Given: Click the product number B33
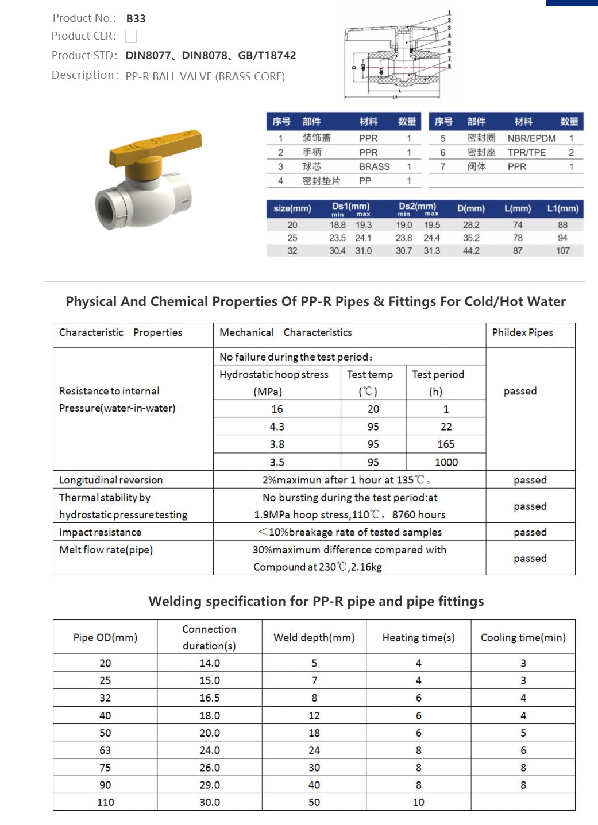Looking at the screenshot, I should pos(136,18).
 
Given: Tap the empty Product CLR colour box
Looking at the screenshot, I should pos(131,36).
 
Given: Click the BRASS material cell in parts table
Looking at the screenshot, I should pos(374,166).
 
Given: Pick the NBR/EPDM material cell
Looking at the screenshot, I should pos(531,138).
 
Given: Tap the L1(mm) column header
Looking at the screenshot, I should pos(562,208).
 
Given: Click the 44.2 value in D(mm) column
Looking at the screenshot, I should pos(471,251).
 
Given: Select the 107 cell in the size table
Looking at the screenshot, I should pos(562,251).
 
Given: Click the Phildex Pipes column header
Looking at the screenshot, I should pos(522,332).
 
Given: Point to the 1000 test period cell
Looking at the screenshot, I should pos(446,462).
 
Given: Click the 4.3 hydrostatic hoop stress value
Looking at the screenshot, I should pos(277,427).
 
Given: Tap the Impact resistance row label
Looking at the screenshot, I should pos(100,532).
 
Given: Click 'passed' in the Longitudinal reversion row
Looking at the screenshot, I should pos(530,480).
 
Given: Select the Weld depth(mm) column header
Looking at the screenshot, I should pos(314,637).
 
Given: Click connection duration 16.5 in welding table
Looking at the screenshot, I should pos(209,698).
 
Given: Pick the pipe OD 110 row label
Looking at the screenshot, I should pos(105,802).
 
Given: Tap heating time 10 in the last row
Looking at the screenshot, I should pos(418,802).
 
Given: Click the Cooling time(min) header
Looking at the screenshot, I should pos(523,637).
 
